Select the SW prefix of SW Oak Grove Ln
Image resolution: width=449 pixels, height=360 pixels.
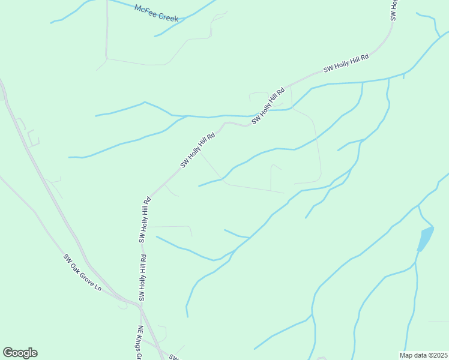(x=68, y=259)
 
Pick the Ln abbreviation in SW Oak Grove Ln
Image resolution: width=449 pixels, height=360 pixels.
(x=98, y=289)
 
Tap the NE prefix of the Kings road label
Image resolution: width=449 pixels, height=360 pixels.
(x=140, y=331)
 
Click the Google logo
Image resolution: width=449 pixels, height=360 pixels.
(x=20, y=353)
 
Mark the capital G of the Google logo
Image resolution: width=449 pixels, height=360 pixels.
(x=8, y=353)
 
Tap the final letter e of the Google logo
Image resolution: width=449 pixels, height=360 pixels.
(x=34, y=353)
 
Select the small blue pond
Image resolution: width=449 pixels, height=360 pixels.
(x=425, y=239)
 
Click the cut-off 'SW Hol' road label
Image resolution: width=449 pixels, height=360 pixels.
(x=394, y=10)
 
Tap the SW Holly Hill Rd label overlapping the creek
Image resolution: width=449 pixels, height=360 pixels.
(x=268, y=106)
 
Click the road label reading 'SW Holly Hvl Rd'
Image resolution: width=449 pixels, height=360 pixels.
(x=197, y=150)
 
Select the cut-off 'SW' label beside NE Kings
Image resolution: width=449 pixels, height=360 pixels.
(x=173, y=358)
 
